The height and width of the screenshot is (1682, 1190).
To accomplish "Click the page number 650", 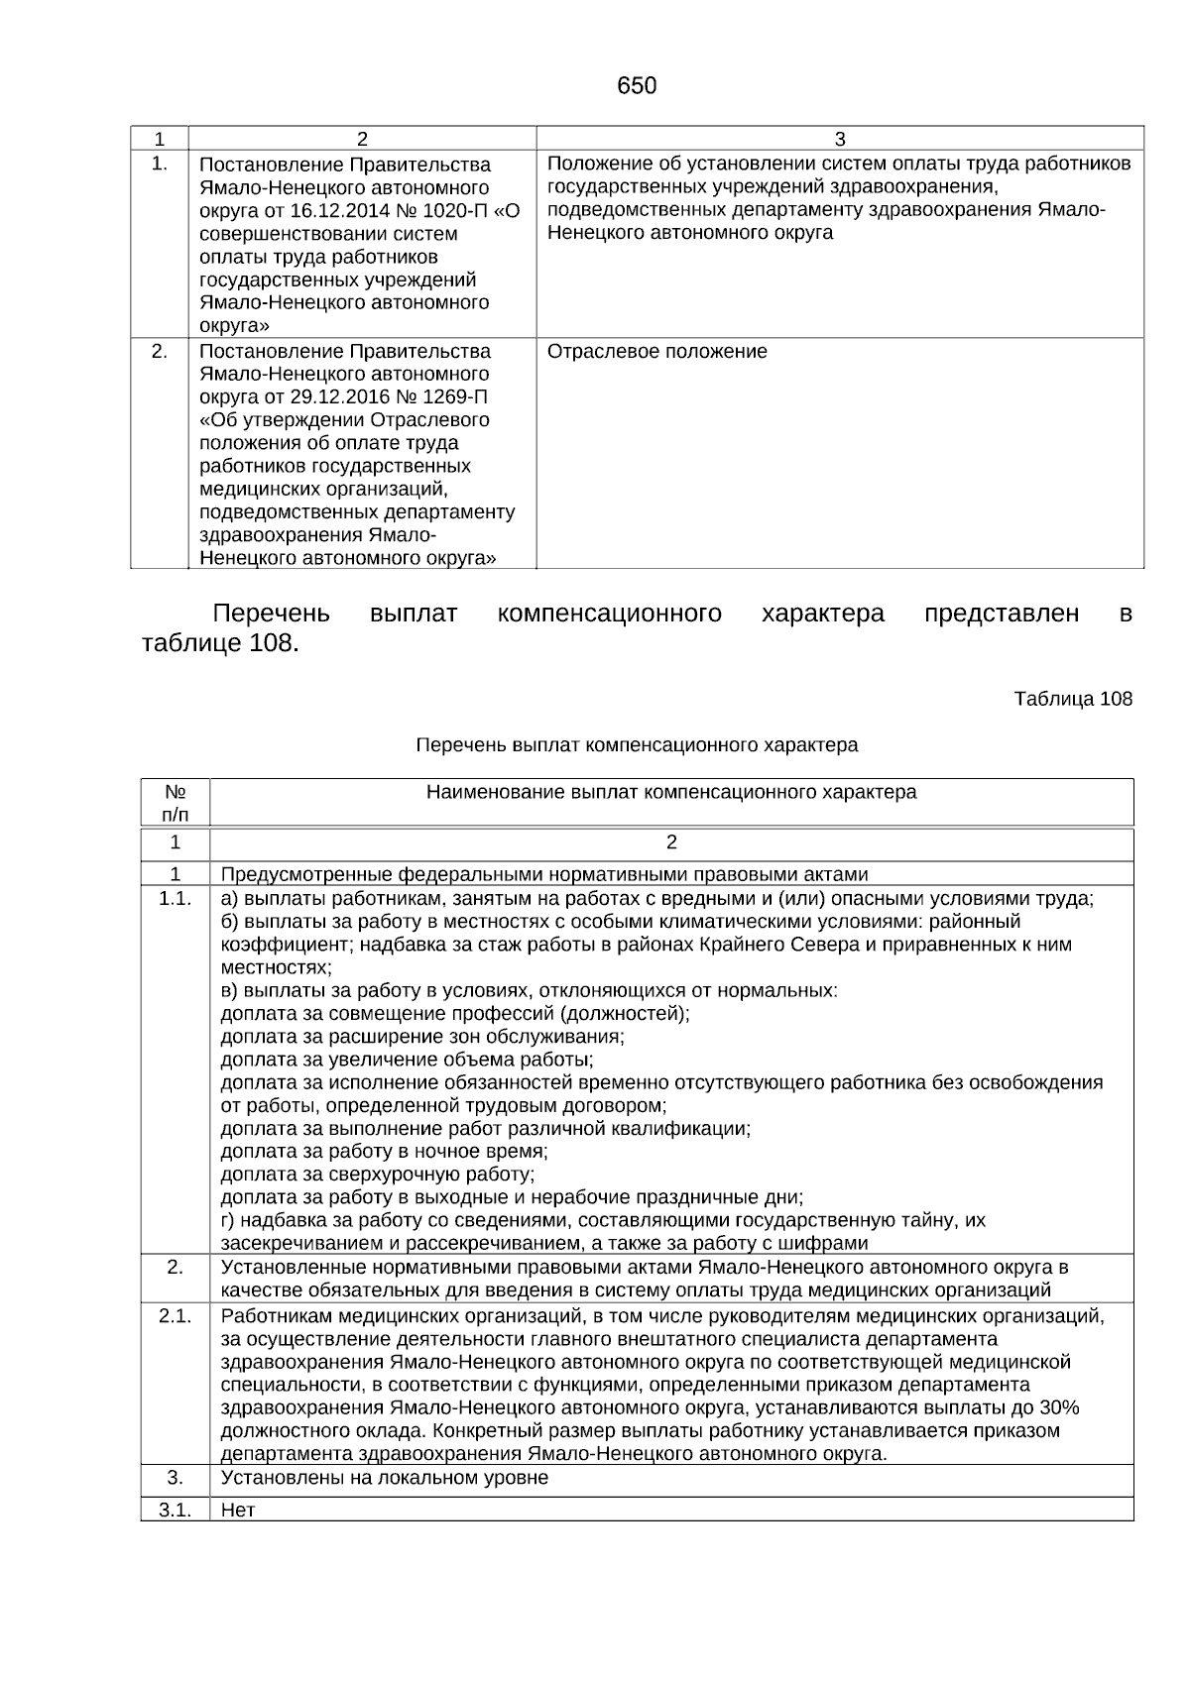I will click(636, 86).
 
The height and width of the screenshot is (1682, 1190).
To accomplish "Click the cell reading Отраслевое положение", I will click(656, 352).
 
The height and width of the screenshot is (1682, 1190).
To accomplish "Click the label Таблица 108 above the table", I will click(1072, 699).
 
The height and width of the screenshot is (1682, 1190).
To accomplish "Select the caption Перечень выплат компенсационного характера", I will click(637, 744).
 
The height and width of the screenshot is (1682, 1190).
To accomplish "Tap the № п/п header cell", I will click(175, 803).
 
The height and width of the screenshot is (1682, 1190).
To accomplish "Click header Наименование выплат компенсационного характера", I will click(670, 792).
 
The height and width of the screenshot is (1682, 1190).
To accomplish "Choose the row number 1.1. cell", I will click(175, 899).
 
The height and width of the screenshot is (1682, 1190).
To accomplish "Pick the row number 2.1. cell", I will click(175, 1315).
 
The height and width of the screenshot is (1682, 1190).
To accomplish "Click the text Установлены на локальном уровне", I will click(384, 1478).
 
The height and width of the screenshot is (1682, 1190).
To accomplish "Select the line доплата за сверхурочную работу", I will click(377, 1175).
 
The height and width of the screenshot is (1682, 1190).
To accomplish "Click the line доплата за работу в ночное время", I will click(384, 1152).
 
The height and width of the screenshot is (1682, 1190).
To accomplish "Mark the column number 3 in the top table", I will click(839, 139).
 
